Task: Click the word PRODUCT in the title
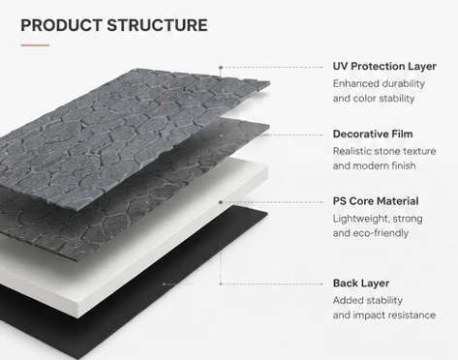(61, 25)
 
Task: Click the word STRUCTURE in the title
(157, 25)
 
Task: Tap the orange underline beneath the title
(35, 45)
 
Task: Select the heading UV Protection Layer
(384, 66)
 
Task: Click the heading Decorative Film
(373, 134)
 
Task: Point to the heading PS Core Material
(376, 201)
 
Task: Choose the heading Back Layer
(361, 284)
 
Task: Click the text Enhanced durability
(379, 84)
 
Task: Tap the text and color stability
(374, 99)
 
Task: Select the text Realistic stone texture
(384, 151)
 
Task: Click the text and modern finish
(374, 165)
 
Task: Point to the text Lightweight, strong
(378, 219)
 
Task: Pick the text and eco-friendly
(371, 233)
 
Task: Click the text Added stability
(368, 301)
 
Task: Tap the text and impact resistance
(384, 315)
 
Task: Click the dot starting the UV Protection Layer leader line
(221, 68)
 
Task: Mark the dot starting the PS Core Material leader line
(221, 202)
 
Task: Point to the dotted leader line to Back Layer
(271, 284)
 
